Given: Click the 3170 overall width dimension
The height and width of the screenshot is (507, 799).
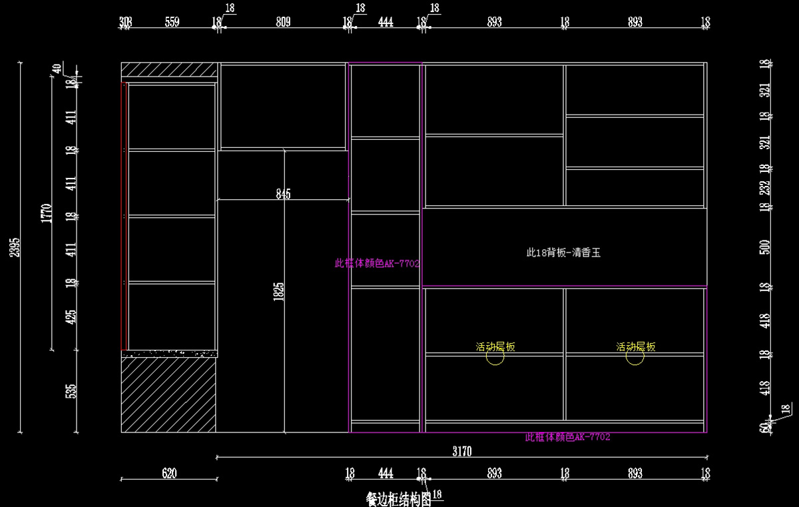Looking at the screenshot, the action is coord(461,452).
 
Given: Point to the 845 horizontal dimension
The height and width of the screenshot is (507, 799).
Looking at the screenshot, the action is coord(283,194).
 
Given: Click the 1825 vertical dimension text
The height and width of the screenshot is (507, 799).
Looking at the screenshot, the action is coord(279,290).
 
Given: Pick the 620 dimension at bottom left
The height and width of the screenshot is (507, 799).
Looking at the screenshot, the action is coord(169,474).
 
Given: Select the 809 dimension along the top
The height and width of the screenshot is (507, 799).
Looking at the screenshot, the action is coord(283,22).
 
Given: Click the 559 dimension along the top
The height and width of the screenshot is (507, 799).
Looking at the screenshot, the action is coord(172,22).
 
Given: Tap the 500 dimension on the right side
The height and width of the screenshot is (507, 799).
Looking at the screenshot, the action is coord(764,247).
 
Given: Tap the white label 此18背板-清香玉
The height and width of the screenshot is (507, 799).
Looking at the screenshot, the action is coord(563,253).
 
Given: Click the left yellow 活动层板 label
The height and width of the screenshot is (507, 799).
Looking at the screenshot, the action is coord(495,346).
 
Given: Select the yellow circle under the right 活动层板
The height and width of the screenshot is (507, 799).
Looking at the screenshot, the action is coord(635,358).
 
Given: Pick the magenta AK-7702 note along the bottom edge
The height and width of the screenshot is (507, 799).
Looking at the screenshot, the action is coord(567,437).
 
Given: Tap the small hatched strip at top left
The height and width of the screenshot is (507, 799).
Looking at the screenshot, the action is coord(169,70).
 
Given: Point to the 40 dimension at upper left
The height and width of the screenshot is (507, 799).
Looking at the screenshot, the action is coord(57,68).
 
